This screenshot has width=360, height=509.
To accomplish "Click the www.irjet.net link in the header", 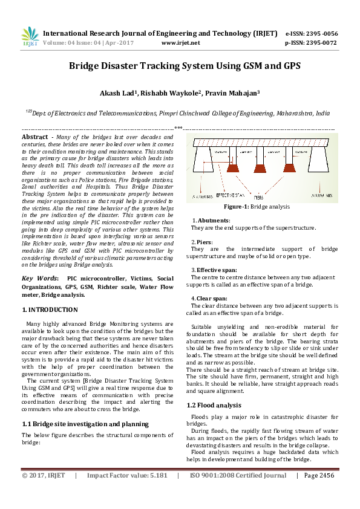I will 181,43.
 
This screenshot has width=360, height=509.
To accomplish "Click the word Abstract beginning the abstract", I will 34,138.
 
